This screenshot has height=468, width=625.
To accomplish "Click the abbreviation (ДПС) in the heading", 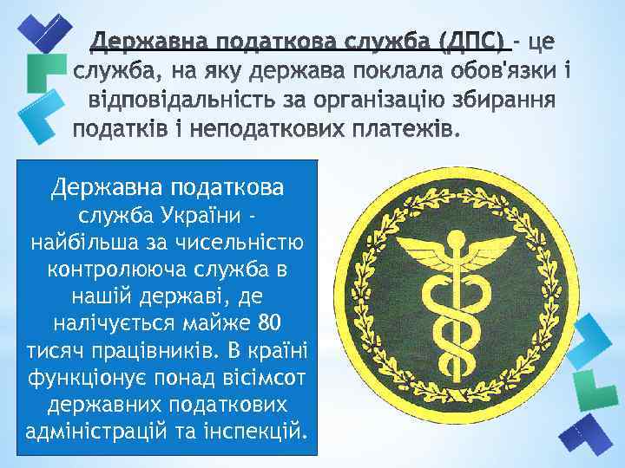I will tap(472, 40).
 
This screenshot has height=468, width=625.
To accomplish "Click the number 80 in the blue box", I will tap(270, 325).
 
